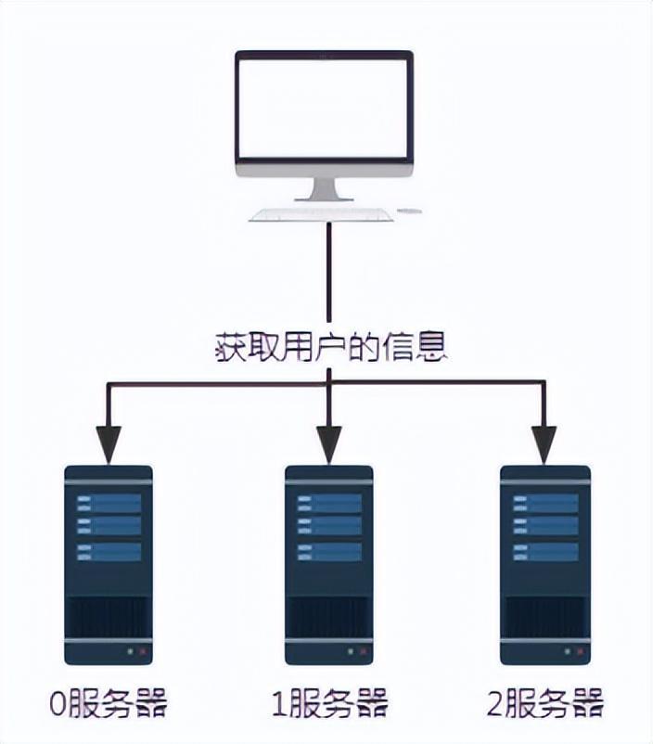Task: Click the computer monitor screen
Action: click(x=324, y=108)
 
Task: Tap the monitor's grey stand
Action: click(x=324, y=189)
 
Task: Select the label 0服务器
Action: click(x=109, y=703)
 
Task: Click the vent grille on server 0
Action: click(x=109, y=616)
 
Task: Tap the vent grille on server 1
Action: click(x=328, y=616)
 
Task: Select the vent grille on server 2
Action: click(x=545, y=616)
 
